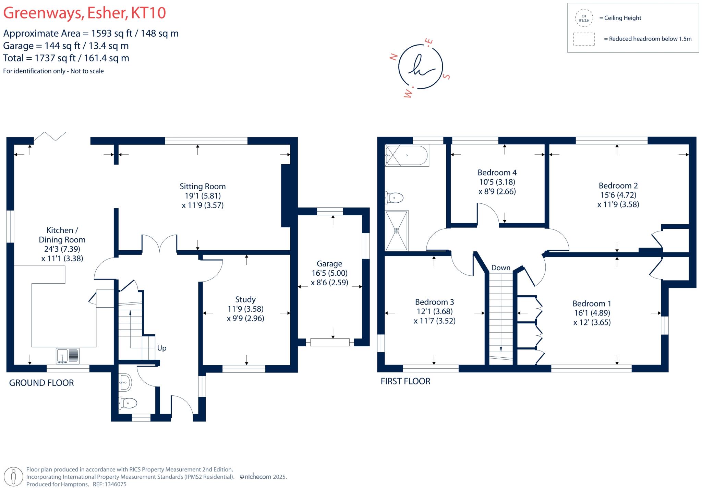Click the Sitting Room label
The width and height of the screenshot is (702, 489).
(203, 187)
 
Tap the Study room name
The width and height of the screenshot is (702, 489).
(245, 299)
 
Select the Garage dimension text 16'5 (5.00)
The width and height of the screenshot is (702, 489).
(329, 273)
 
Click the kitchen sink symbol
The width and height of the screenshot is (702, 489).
(68, 356)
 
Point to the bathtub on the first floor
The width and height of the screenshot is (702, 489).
(407, 155)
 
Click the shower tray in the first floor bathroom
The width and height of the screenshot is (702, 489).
(397, 231)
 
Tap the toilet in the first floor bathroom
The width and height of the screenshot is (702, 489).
(395, 198)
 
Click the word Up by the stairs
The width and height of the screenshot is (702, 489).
(162, 348)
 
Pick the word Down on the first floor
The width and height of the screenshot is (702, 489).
(501, 268)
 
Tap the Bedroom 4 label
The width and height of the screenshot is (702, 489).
(497, 172)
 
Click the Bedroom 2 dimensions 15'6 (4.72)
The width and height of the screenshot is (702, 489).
(618, 195)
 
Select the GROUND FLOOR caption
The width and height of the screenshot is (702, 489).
(41, 383)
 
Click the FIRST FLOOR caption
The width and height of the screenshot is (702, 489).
(405, 381)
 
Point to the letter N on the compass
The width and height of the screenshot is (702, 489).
(394, 57)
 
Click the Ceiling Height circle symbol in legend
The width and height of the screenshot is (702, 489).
(584, 18)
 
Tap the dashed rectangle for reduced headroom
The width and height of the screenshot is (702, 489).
(584, 39)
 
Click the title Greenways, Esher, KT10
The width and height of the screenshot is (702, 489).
(85, 13)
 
